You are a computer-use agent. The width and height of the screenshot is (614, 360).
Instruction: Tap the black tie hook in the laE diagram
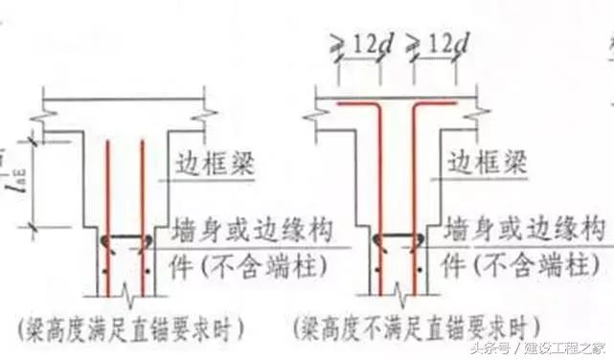click(125, 240)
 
